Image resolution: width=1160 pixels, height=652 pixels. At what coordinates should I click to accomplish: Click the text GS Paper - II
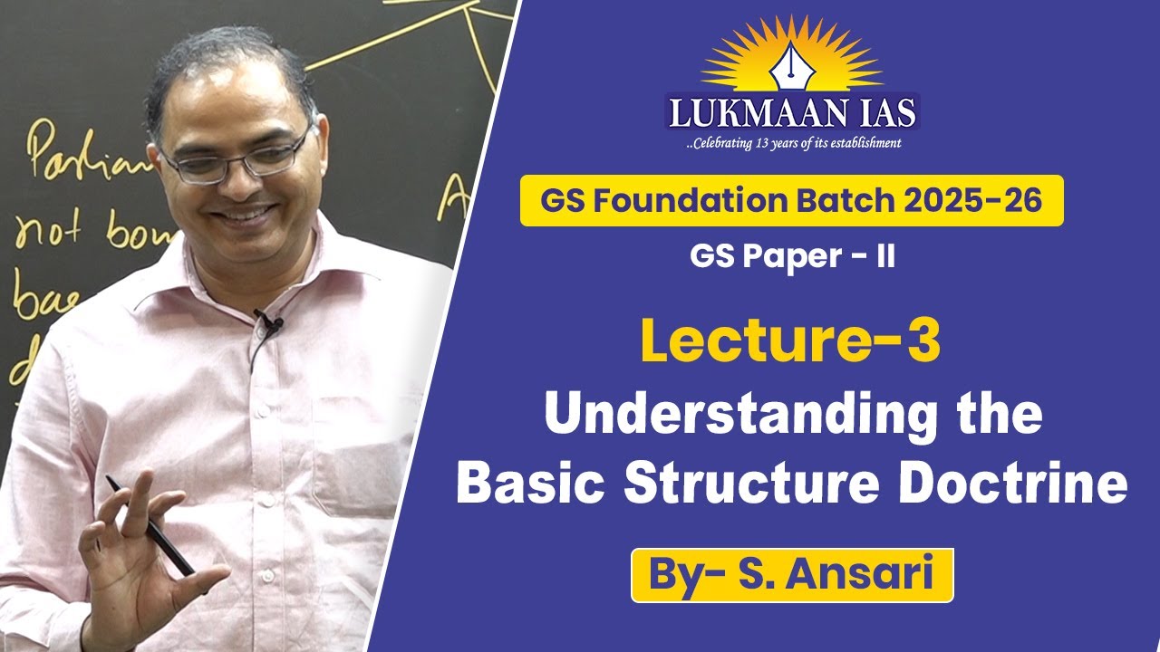[x=792, y=257]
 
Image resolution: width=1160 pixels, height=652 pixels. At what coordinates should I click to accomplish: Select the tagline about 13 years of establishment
[x=792, y=142]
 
